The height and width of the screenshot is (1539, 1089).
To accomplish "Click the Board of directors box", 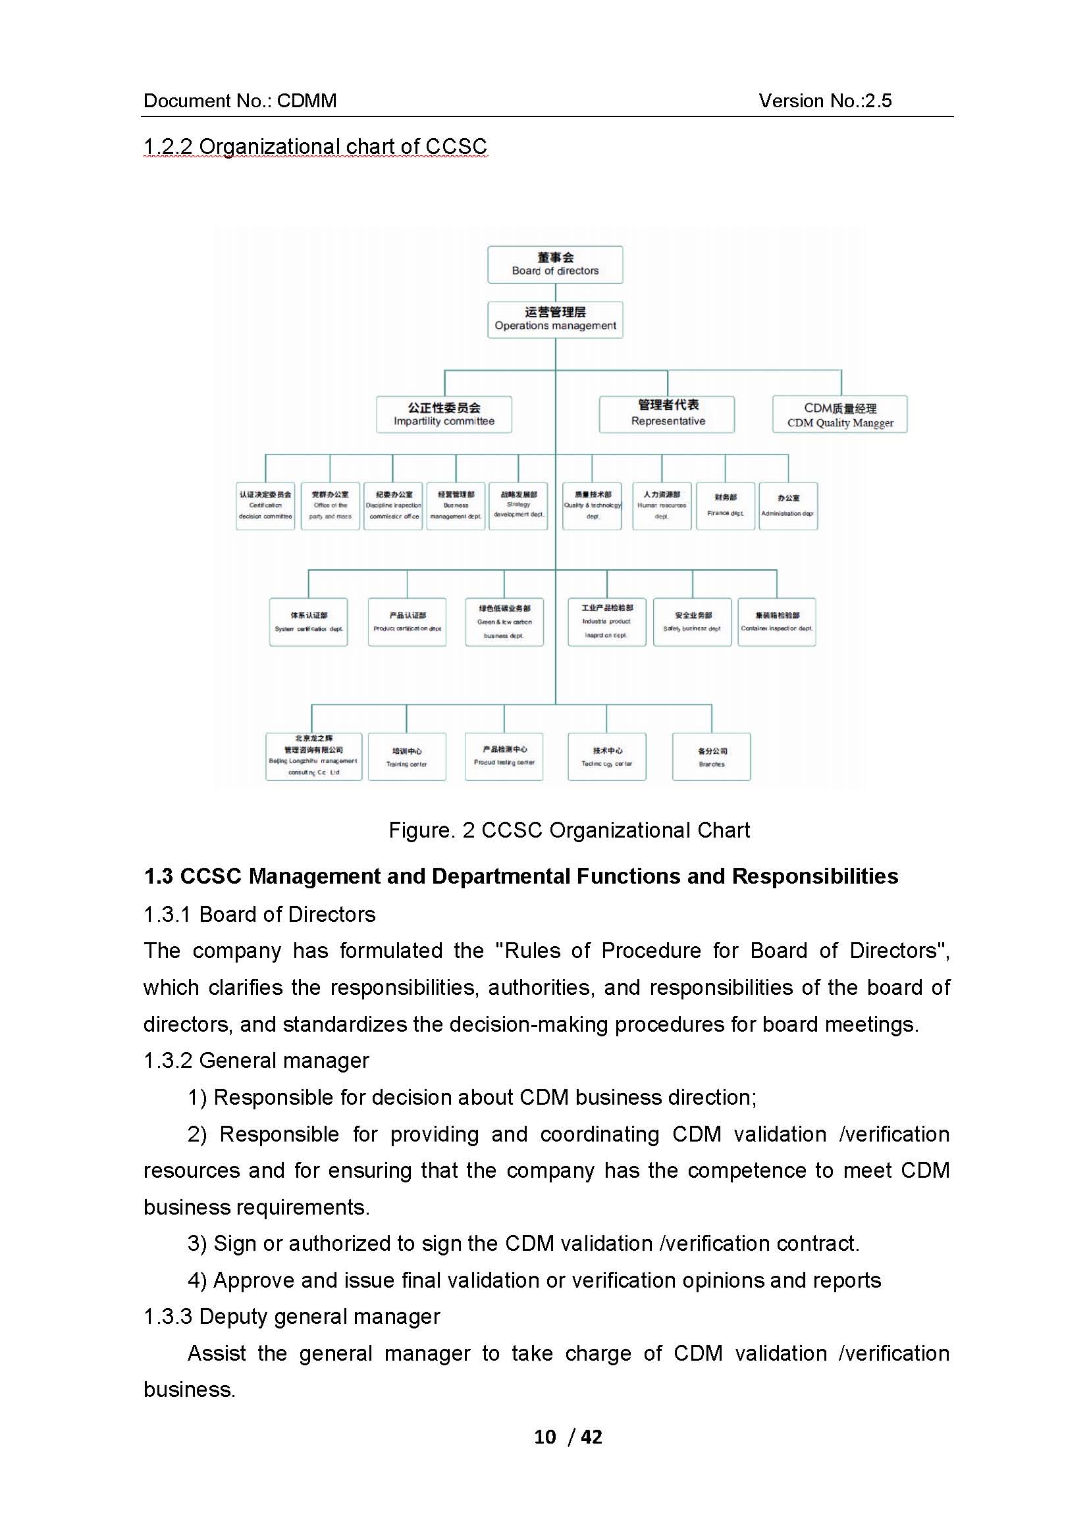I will tap(554, 264).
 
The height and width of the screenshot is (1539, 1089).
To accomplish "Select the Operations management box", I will tap(554, 319).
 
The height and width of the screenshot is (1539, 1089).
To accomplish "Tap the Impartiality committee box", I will tap(443, 415).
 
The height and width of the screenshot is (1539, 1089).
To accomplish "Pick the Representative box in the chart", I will tap(666, 414).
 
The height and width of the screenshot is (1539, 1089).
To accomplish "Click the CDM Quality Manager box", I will tap(839, 415).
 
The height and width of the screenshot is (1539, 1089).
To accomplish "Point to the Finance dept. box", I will tap(725, 506).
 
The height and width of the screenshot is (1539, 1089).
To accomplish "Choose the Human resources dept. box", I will tap(661, 506).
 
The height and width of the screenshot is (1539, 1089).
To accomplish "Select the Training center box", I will tap(406, 757).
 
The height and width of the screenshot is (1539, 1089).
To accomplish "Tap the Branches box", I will tap(711, 757).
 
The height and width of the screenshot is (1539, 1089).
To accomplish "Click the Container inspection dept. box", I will tap(776, 622).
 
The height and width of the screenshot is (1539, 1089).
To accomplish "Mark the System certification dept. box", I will tap(308, 622).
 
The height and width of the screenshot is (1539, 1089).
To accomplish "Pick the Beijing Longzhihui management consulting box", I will tap(313, 757).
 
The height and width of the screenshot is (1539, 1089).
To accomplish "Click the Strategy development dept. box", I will tap(518, 506).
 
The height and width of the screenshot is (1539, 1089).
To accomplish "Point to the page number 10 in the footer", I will tap(545, 1436).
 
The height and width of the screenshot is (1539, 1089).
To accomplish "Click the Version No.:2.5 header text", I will tap(825, 101).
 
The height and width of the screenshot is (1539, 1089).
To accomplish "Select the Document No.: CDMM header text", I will tap(240, 101).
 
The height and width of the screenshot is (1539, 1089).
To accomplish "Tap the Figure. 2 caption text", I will tap(569, 830).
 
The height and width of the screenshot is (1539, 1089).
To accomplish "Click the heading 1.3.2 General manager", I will tap(256, 1061).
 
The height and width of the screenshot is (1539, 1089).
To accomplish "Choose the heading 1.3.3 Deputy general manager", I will tap(292, 1317).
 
